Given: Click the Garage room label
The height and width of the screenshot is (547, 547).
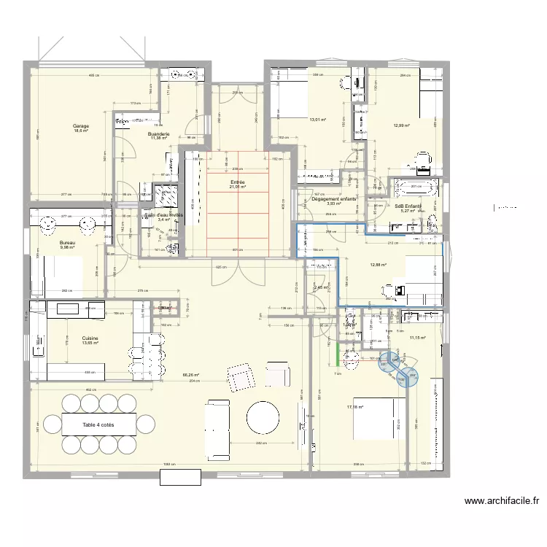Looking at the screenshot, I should (x=80, y=126).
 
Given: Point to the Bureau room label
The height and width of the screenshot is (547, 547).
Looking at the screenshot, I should (x=67, y=243).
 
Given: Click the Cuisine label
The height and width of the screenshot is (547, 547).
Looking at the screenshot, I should (x=90, y=338).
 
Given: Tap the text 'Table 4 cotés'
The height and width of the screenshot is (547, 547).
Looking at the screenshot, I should (x=98, y=424).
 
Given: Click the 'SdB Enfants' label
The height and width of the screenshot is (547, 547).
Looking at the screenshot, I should (x=408, y=206).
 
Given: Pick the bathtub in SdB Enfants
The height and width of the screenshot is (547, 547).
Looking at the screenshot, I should (x=415, y=188).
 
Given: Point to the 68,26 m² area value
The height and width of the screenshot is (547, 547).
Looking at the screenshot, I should (x=190, y=376).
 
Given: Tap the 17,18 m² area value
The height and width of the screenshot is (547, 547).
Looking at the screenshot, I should (x=355, y=407).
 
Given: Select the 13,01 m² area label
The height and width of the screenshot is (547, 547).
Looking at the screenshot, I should (x=317, y=120).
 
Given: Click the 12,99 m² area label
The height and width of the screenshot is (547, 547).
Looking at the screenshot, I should (x=402, y=125).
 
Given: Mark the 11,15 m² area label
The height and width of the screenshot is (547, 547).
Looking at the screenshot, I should (x=417, y=338).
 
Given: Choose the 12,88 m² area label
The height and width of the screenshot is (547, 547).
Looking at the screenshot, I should (x=378, y=265).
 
